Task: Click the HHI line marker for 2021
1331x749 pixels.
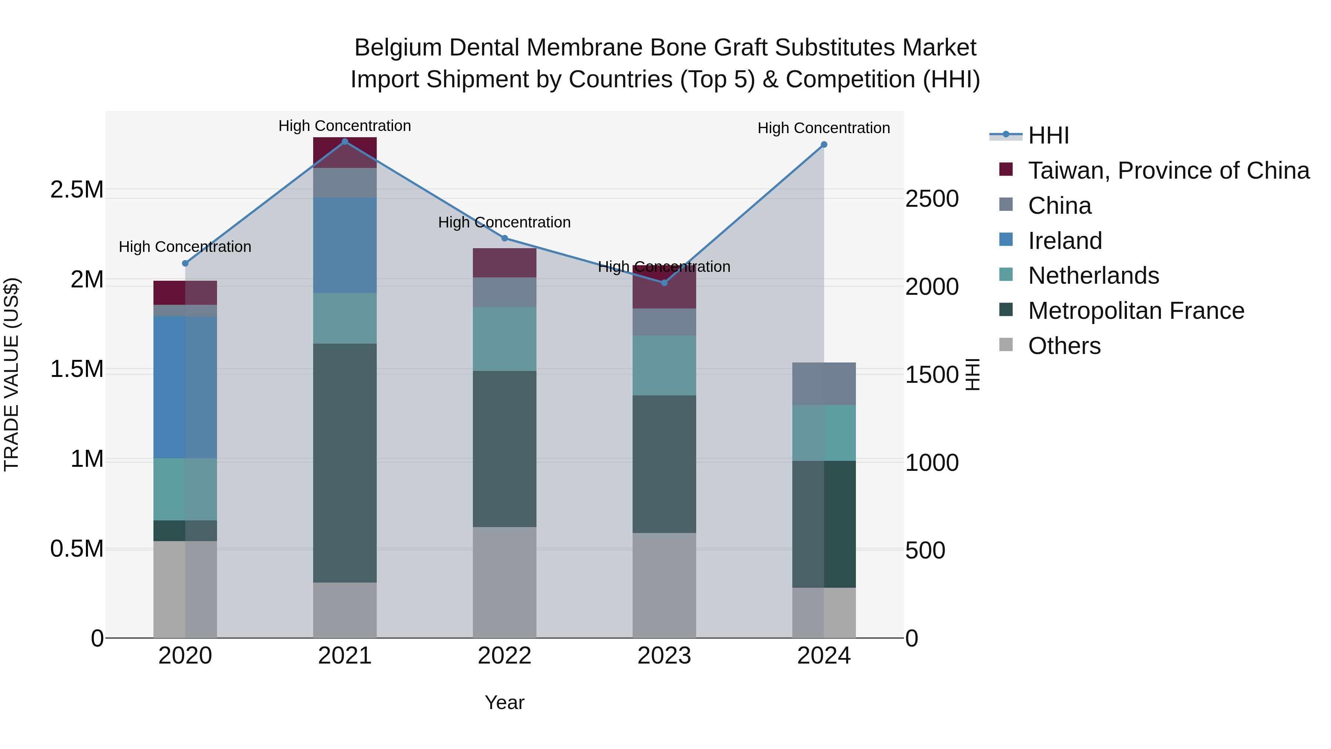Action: coord(345,142)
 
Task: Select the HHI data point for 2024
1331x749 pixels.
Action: coord(824,145)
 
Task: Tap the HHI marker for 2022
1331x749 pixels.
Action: coord(505,238)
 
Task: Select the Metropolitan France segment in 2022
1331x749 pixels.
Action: coord(505,449)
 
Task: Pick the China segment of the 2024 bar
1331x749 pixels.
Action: coord(824,384)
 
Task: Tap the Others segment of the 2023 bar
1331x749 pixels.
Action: coord(664,585)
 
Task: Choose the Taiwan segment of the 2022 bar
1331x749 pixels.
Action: coord(505,263)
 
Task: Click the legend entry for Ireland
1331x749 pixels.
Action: coord(1064,241)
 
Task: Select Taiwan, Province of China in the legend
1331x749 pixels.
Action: coord(1168,171)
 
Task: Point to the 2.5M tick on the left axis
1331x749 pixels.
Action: coord(77,190)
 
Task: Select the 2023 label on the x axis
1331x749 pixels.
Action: coord(664,656)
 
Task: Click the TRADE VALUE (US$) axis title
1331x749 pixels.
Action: coord(11,374)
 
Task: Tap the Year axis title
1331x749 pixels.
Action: coord(504,702)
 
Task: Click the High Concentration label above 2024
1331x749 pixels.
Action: coord(824,128)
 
